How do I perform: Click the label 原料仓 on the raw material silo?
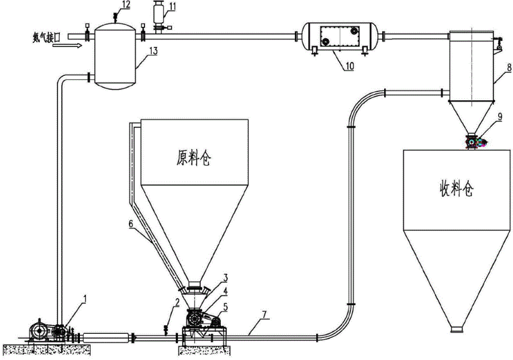tap(193, 158)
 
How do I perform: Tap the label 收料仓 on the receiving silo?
tap(457, 189)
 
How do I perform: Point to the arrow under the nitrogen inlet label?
tap(67, 46)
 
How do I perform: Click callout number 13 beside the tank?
tap(153, 51)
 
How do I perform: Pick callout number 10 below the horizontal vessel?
tap(349, 66)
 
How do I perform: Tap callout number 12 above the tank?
tap(126, 5)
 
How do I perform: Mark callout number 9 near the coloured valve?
tap(500, 117)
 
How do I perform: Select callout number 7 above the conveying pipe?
tap(265, 314)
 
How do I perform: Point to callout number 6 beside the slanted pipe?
tap(131, 224)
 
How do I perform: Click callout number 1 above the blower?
tap(85, 298)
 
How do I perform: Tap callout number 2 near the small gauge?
tap(177, 302)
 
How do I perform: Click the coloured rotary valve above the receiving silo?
tap(475, 142)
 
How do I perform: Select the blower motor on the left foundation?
tap(39, 331)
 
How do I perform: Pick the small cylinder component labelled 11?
tap(158, 13)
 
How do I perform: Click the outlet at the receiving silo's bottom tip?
tap(457, 329)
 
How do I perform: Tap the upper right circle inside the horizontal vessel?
tap(354, 31)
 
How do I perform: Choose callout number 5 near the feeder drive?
tap(226, 307)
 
